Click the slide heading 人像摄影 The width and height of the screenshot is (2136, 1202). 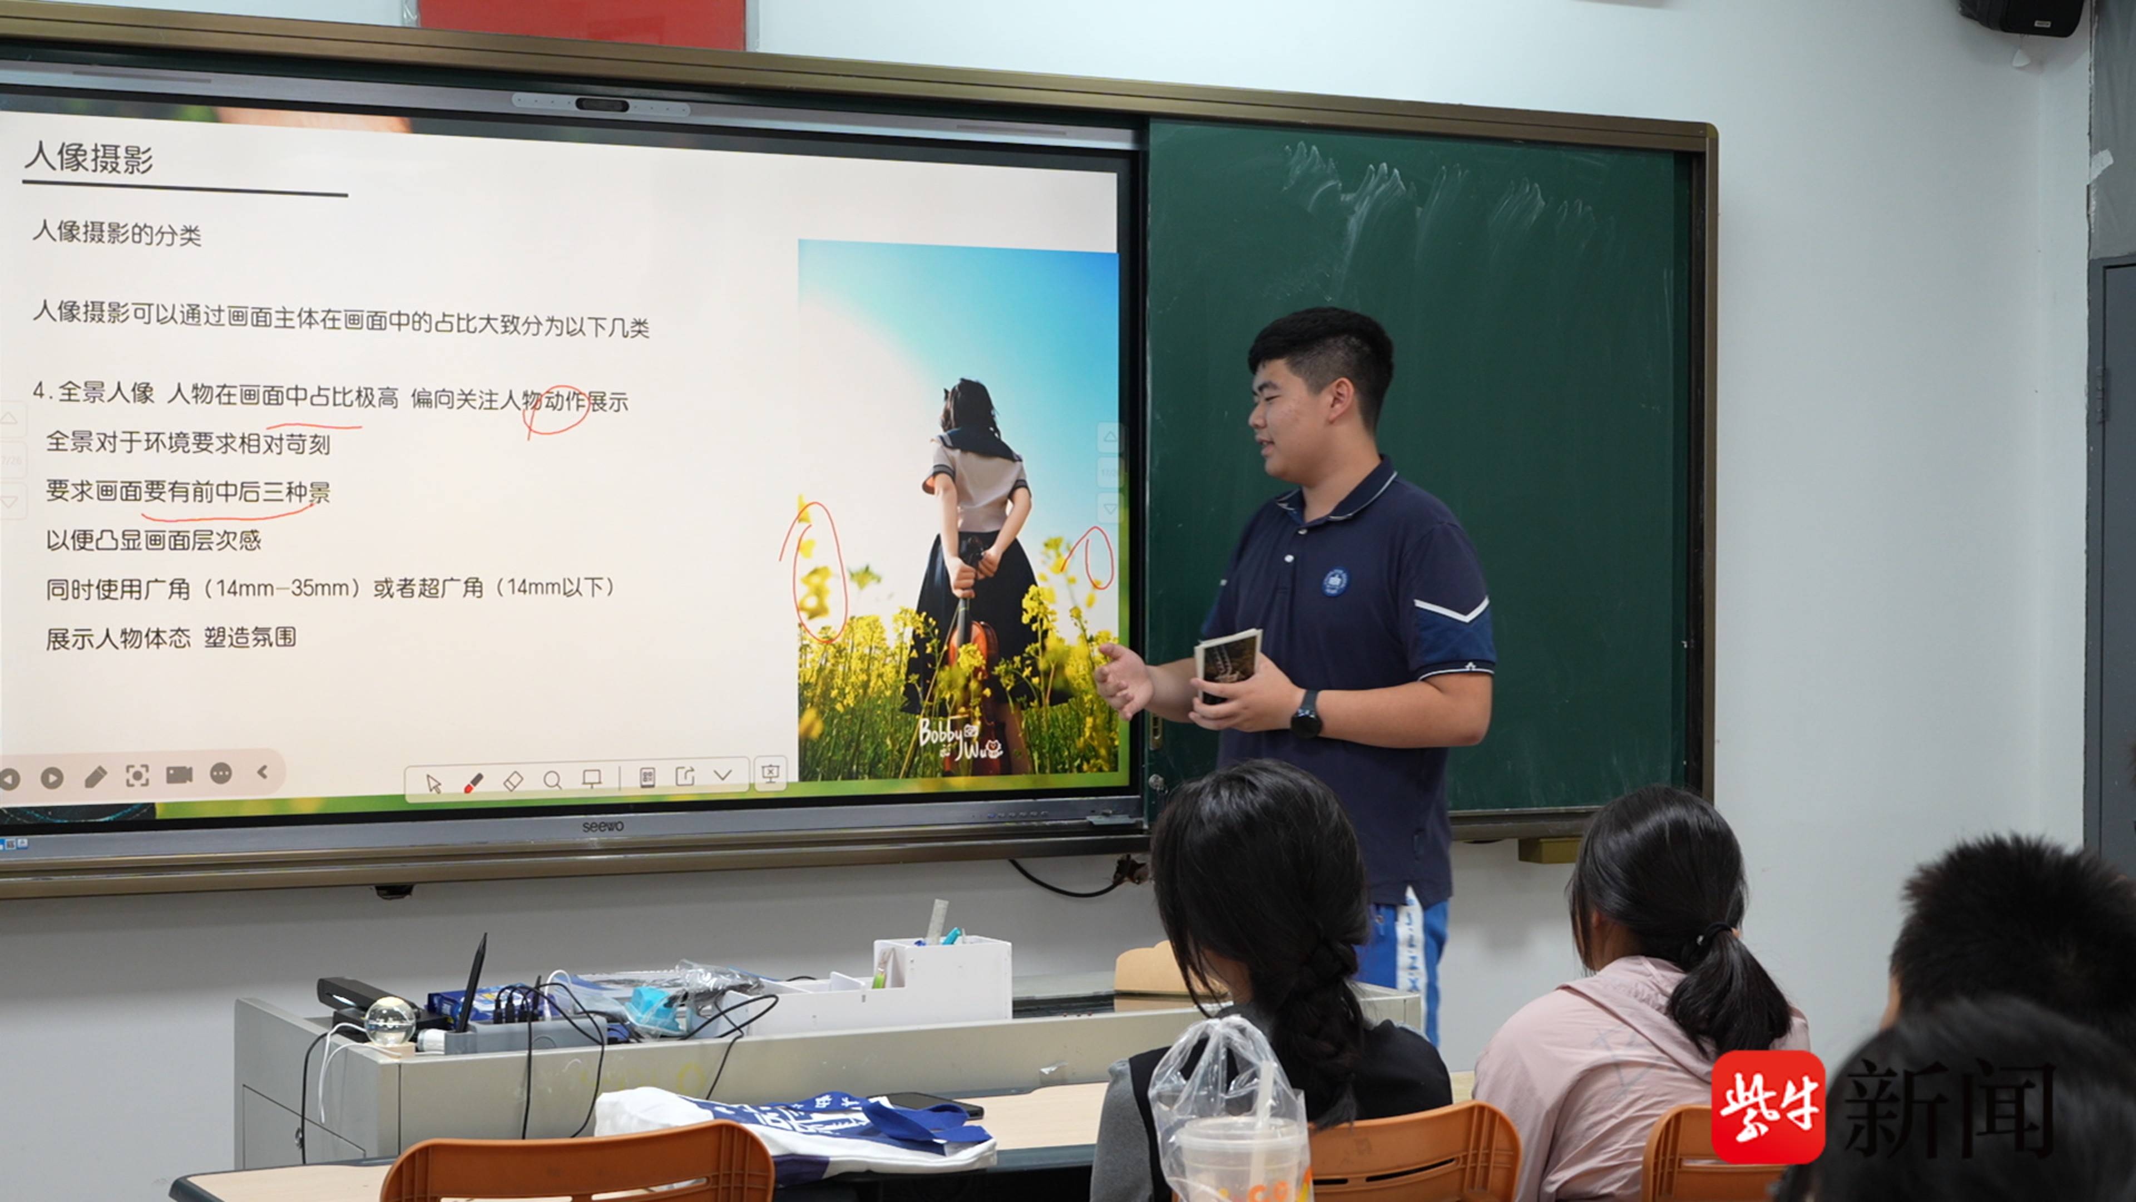[89, 157]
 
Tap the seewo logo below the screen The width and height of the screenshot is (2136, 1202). [603, 826]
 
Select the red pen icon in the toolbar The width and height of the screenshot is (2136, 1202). [473, 782]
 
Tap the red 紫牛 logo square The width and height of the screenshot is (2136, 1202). [1768, 1107]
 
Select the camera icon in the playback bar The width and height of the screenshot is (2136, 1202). [179, 775]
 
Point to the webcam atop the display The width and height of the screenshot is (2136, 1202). [602, 105]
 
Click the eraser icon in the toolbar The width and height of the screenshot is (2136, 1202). [513, 781]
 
